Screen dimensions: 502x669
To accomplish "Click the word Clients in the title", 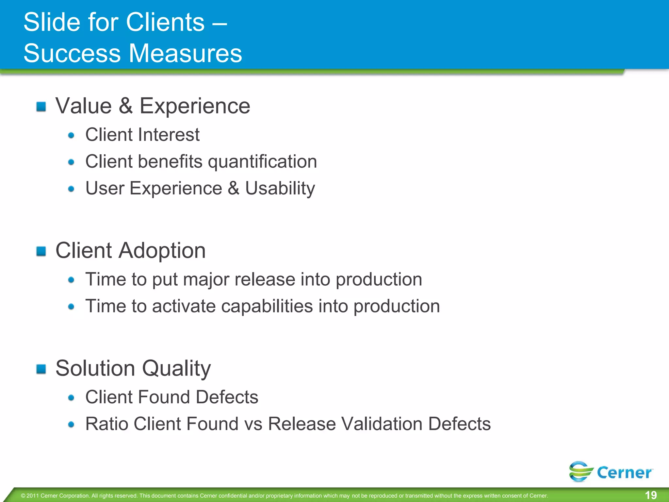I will click(x=165, y=22).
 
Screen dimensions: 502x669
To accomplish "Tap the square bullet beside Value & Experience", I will click(x=41, y=107).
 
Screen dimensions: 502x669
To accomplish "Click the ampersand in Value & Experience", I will click(x=126, y=106).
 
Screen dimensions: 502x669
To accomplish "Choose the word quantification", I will click(x=262, y=161).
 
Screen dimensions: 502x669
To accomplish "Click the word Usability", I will click(x=280, y=188).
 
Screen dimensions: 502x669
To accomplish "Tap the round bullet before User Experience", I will click(x=71, y=189).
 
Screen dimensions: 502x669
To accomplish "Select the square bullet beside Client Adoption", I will click(x=41, y=251).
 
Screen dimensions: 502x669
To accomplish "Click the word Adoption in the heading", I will click(x=162, y=251).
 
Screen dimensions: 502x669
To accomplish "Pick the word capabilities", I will click(x=267, y=306).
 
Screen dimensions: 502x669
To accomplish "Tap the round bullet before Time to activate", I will click(x=71, y=307).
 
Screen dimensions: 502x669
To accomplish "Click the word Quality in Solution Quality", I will click(x=176, y=368).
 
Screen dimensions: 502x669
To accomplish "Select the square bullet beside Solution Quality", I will click(x=41, y=369).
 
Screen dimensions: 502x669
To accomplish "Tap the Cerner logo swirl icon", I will click(x=580, y=472).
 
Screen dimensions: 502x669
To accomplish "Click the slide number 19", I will click(x=651, y=495).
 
